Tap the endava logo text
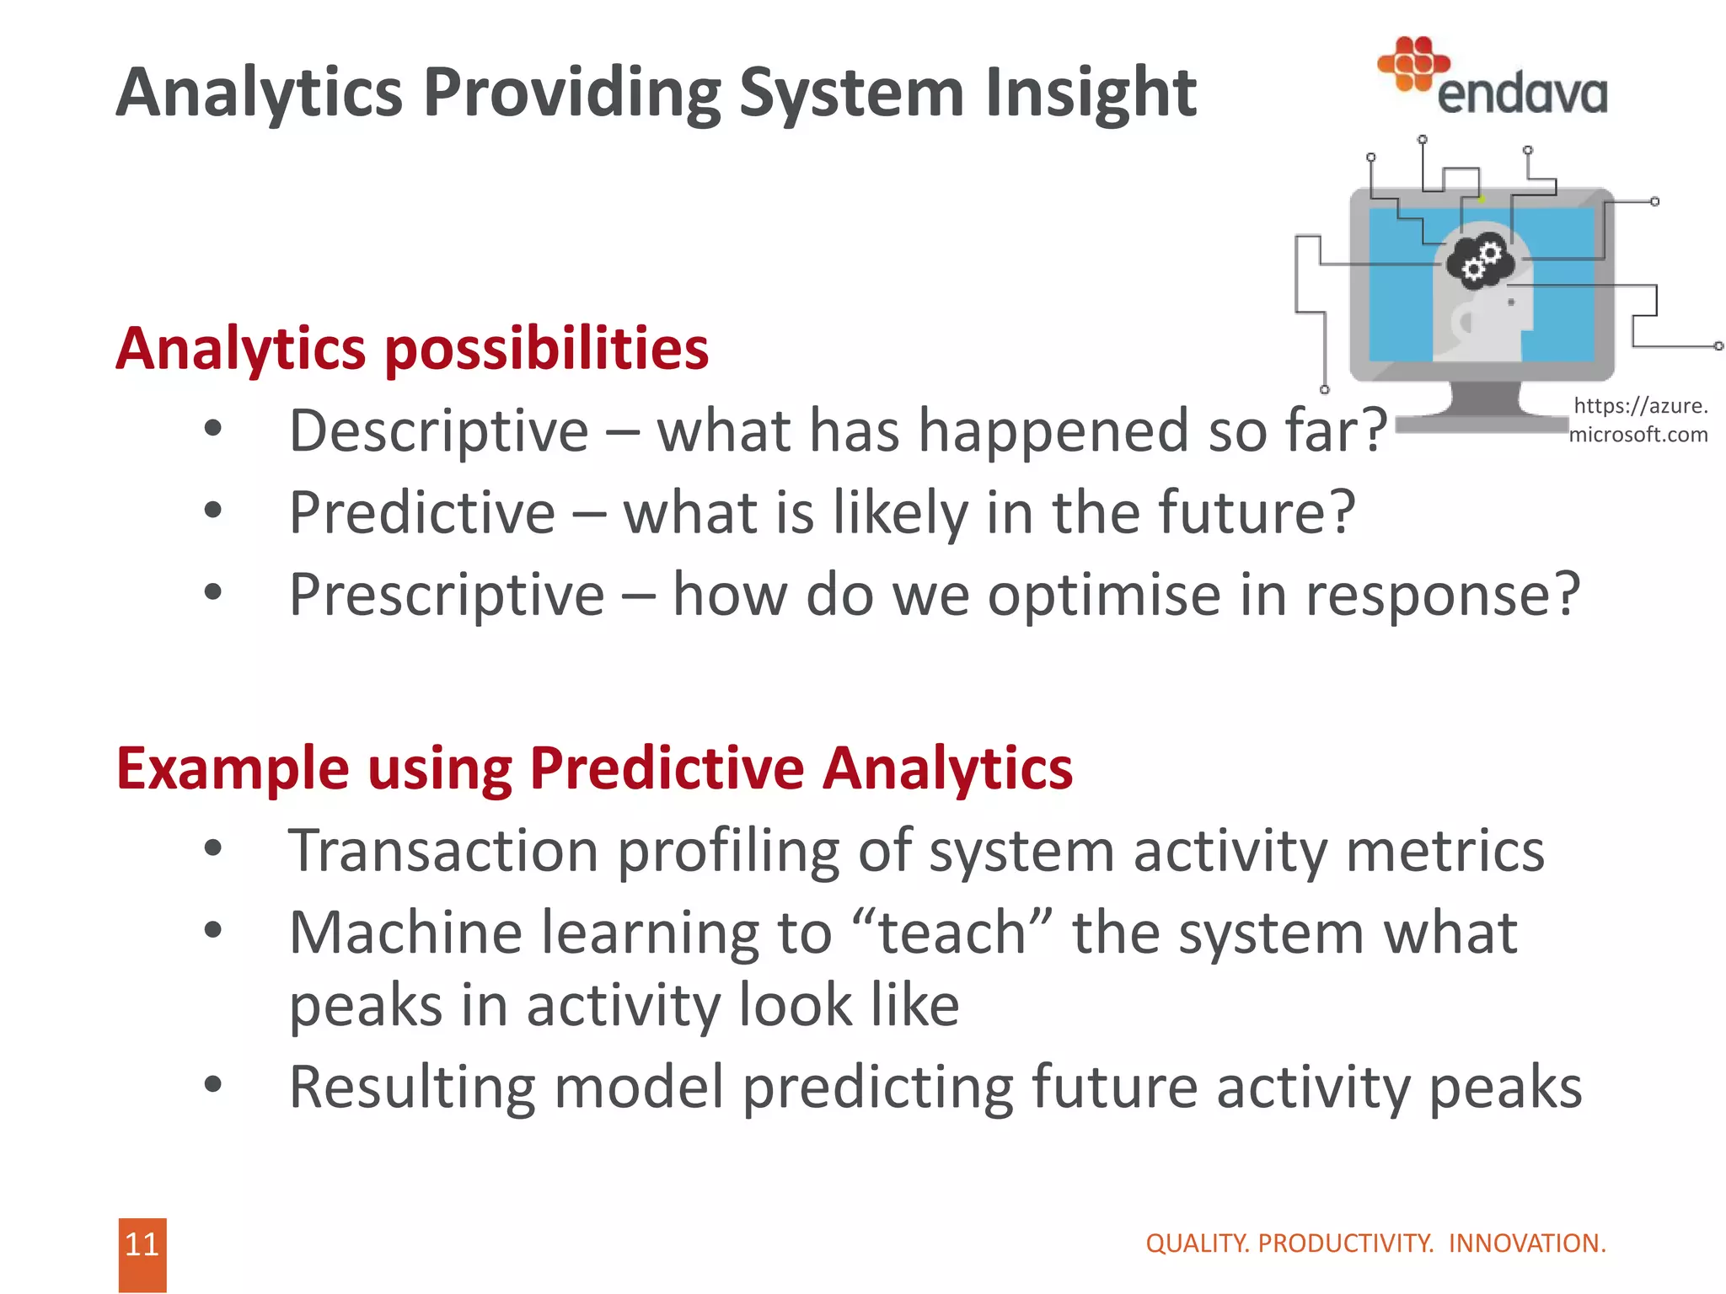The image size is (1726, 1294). click(x=1521, y=94)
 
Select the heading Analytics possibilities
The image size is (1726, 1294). click(x=412, y=349)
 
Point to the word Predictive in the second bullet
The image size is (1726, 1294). click(x=422, y=513)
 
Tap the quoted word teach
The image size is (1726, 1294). click(x=951, y=933)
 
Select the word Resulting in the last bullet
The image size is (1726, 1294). click(x=412, y=1087)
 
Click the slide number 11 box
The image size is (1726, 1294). click(x=142, y=1253)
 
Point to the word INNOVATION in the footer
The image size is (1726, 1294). click(x=1526, y=1243)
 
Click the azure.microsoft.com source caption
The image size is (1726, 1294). click(x=1638, y=420)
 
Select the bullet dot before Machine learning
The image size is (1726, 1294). click(x=213, y=930)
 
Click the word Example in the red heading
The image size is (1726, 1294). click(x=233, y=768)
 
